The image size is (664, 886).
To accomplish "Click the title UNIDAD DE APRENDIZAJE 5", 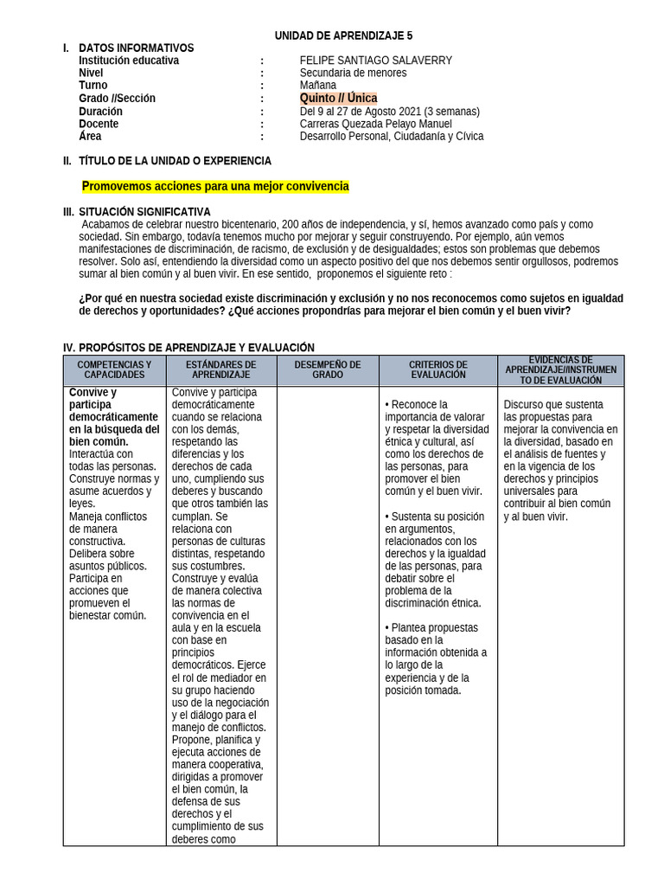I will pyautogui.click(x=343, y=35).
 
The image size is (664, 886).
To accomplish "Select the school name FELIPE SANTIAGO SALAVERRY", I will pyautogui.click(x=375, y=61).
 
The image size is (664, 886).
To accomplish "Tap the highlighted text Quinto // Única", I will pyautogui.click(x=338, y=99).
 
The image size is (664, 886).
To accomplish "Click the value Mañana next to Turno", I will pyautogui.click(x=317, y=86).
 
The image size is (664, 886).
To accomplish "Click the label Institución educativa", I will pyautogui.click(x=129, y=61).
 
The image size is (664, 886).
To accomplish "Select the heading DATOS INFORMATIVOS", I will pyautogui.click(x=136, y=48).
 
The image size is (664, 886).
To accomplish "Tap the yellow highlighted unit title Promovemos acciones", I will pyautogui.click(x=215, y=186).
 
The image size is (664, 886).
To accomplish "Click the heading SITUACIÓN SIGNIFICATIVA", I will pyautogui.click(x=144, y=212).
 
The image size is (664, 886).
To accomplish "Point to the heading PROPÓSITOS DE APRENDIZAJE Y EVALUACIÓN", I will pyautogui.click(x=196, y=347).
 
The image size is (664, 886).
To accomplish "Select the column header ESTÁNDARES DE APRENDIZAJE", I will pyautogui.click(x=220, y=370).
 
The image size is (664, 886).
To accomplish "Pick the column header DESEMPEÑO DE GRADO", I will pyautogui.click(x=328, y=370).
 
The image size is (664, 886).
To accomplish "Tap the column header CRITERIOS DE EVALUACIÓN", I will pyautogui.click(x=437, y=370).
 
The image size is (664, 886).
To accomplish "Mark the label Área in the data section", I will pyautogui.click(x=90, y=137).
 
